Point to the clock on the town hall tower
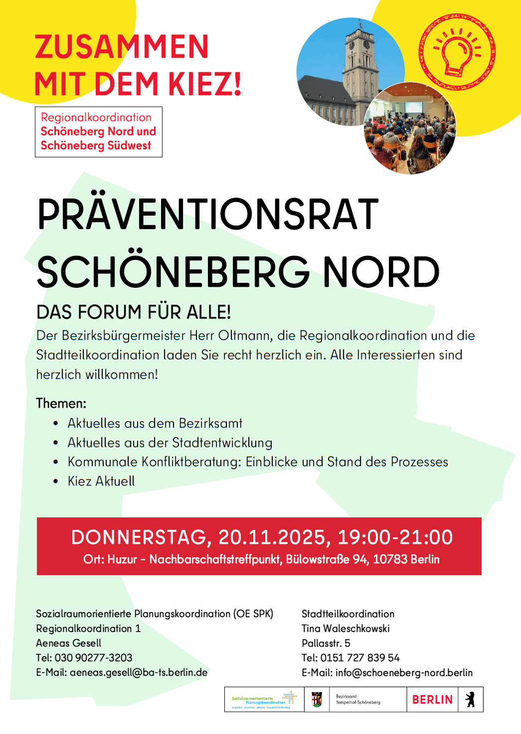[x=359, y=44]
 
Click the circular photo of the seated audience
[x=410, y=128]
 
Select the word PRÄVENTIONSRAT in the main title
[x=208, y=214]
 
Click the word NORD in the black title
[x=381, y=272]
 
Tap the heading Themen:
[x=61, y=403]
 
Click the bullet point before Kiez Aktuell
[x=56, y=482]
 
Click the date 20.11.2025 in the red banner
[x=272, y=537]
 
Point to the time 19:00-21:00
[x=395, y=537]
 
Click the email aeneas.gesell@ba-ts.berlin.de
[x=139, y=672]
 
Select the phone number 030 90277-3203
[x=94, y=658]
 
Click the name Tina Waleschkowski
[x=346, y=628]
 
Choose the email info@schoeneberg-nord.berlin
[x=404, y=673]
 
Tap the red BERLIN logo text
[x=432, y=700]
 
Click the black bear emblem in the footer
[x=470, y=700]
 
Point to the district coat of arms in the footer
[x=317, y=700]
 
